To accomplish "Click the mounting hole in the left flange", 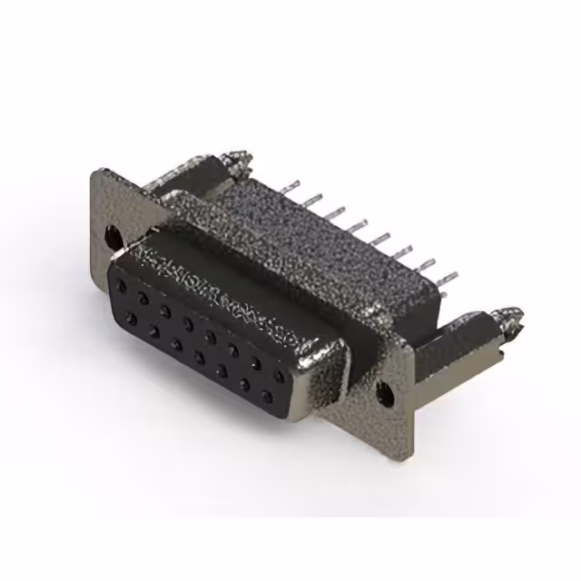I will (113, 237).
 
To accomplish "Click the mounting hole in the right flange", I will (385, 395).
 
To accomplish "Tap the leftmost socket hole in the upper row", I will (120, 284).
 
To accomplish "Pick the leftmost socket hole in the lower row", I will (132, 317).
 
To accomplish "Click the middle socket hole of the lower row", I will (200, 357).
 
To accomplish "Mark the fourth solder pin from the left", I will (354, 221).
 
